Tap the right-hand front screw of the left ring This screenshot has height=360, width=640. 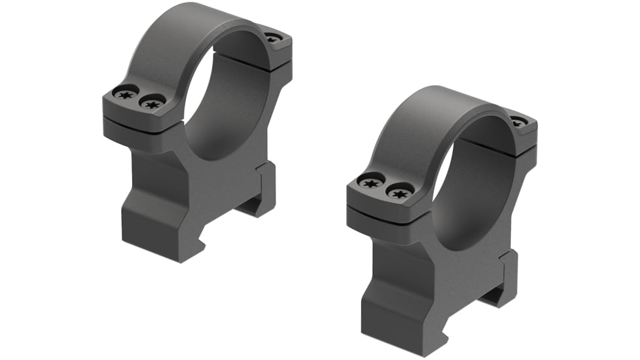point(152,103)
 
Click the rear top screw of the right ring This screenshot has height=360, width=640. point(517,121)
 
